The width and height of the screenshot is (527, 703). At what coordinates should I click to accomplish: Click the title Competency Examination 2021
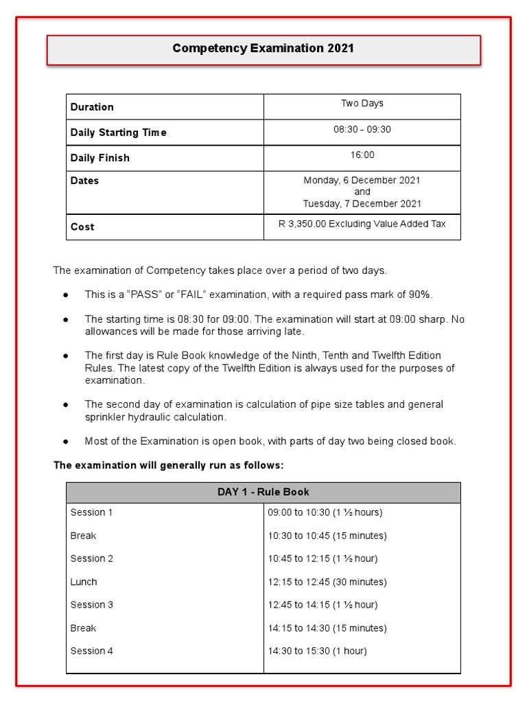click(x=263, y=49)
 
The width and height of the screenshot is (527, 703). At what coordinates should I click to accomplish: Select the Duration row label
click(x=92, y=107)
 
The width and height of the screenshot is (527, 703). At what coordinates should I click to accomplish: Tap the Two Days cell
click(x=362, y=104)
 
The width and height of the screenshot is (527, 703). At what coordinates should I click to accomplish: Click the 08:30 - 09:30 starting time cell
click(x=362, y=130)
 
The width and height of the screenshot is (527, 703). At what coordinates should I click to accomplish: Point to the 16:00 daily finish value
click(x=362, y=155)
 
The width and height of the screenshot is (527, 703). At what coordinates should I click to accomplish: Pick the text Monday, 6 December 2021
click(x=362, y=181)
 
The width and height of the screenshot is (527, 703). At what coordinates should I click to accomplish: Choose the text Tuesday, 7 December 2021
click(x=362, y=204)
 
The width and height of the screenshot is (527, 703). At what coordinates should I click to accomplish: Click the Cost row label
click(x=82, y=227)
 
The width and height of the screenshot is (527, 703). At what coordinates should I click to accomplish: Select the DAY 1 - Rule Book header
click(x=263, y=492)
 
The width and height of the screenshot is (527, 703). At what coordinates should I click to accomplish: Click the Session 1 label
click(x=91, y=512)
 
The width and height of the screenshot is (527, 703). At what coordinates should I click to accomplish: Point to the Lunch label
click(x=84, y=582)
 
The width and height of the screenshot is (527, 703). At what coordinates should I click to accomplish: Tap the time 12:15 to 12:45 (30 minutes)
click(x=327, y=582)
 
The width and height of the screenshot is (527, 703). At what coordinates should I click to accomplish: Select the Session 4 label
click(x=91, y=651)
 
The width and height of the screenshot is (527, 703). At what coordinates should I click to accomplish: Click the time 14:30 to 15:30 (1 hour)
click(x=317, y=651)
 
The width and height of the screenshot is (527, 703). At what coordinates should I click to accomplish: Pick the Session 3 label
click(x=91, y=605)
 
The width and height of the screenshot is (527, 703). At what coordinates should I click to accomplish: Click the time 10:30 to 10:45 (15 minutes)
click(x=327, y=535)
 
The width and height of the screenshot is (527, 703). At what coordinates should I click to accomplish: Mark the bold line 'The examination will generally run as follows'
click(x=168, y=465)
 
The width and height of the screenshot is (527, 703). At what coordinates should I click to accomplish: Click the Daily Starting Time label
click(x=118, y=132)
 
